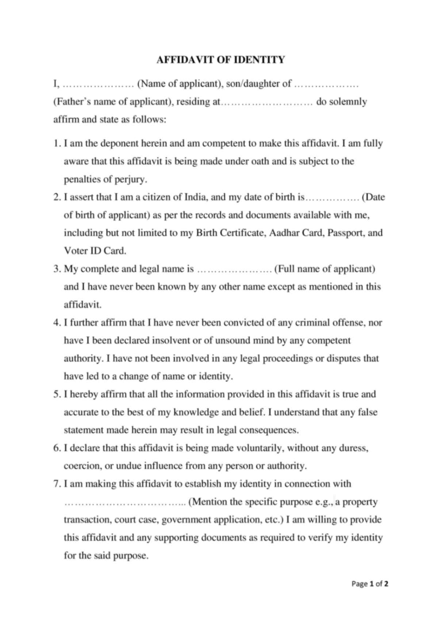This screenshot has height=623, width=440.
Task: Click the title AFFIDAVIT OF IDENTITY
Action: [220, 60]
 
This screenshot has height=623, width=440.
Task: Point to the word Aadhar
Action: [284, 233]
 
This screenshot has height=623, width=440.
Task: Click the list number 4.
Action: [56, 323]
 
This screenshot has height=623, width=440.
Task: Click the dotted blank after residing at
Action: [267, 102]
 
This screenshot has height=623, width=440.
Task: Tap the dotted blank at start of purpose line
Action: [125, 502]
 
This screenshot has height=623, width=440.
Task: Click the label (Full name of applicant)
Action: [325, 269]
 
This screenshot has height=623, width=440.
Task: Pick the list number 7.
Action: [56, 484]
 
